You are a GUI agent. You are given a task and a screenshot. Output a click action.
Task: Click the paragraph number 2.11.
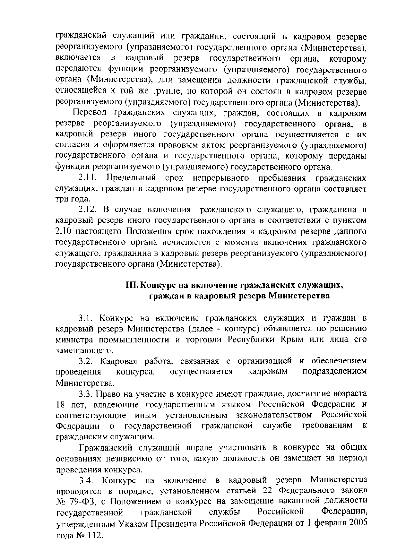87,178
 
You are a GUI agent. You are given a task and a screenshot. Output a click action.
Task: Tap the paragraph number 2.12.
88,210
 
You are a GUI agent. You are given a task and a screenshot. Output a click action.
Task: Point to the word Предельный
131,178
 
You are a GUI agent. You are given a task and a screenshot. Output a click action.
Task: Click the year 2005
357,523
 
